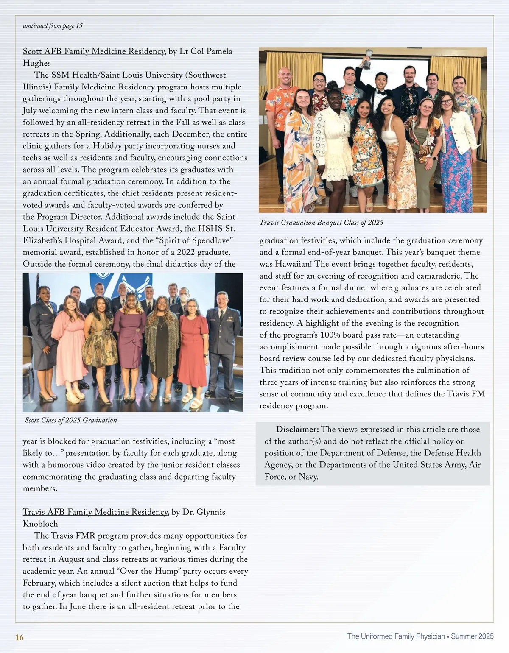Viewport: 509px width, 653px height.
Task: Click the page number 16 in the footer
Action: (x=20, y=637)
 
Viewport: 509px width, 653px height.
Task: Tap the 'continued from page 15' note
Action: (x=53, y=26)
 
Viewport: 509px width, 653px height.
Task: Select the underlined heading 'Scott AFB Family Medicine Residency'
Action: (x=94, y=51)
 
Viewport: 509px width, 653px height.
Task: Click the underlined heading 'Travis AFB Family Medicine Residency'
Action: (x=95, y=512)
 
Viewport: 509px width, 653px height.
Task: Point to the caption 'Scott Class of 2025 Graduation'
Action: (x=71, y=420)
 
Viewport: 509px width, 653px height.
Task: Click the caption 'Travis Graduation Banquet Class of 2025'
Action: (x=321, y=223)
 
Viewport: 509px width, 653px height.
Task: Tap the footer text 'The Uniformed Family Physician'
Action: (x=396, y=636)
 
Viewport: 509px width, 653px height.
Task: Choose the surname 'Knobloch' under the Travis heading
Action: (x=40, y=524)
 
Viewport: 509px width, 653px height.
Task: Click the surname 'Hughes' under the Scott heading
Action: (x=37, y=63)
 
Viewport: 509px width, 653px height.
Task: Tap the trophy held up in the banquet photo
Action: (x=366, y=60)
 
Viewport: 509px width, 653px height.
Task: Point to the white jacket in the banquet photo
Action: (x=459, y=136)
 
